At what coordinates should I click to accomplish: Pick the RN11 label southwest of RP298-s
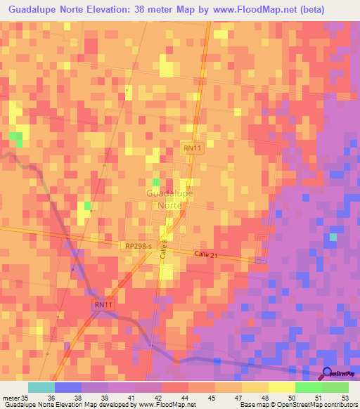[x=103, y=306]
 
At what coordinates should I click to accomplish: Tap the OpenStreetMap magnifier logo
[x=328, y=375]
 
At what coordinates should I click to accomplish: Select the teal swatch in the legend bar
[x=41, y=387]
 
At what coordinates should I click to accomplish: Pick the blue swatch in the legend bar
[x=68, y=387]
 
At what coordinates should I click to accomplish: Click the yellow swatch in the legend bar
[x=282, y=387]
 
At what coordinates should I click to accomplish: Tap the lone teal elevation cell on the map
[x=333, y=237]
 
